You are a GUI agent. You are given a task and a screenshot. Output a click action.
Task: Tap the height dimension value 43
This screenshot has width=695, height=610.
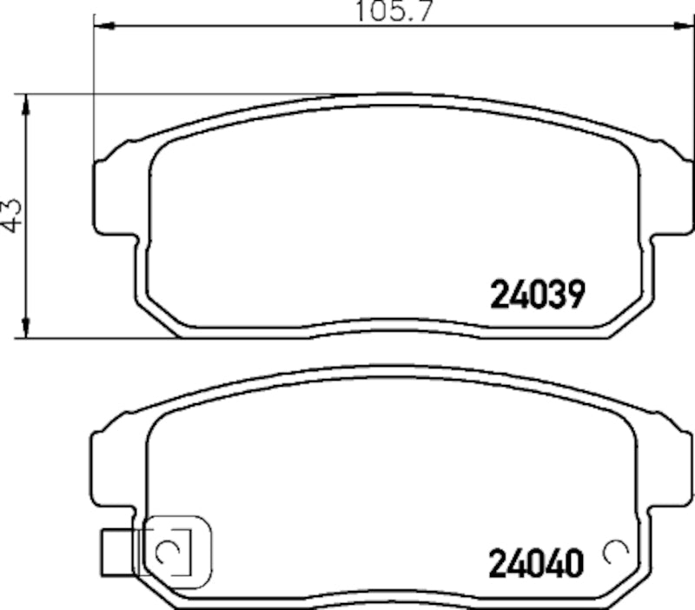tap(11, 214)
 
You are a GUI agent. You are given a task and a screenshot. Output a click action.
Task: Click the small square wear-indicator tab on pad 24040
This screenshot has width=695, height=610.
tap(115, 551)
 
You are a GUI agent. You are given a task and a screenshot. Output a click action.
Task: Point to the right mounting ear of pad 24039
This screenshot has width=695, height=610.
tap(673, 196)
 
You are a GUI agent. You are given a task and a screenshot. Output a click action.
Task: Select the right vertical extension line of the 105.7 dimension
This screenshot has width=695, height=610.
tap(692, 87)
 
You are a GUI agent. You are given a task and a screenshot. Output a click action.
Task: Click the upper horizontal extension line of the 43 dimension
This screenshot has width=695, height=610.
tap(174, 94)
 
